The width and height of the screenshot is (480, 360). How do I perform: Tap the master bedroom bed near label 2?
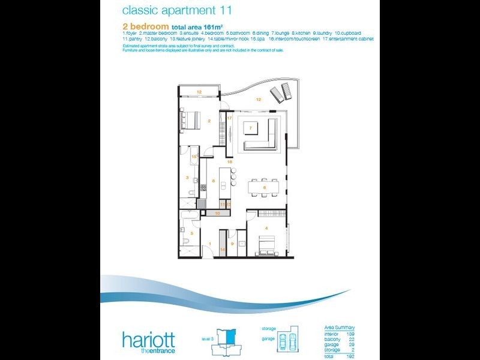[191, 120]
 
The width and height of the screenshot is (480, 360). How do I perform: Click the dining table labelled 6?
[264, 187]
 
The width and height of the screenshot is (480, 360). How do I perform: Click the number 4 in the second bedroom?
[266, 227]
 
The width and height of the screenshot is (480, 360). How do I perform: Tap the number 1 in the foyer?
[209, 243]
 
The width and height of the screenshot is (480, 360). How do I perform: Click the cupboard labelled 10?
[218, 213]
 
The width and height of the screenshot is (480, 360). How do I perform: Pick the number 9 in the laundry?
[232, 244]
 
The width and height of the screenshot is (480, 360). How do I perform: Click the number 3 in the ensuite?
[187, 178]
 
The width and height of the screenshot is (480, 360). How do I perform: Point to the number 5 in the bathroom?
[192, 233]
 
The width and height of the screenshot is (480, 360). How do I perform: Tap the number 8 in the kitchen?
[214, 180]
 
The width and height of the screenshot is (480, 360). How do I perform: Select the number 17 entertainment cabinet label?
[229, 118]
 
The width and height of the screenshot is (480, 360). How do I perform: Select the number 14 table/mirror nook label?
[222, 248]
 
